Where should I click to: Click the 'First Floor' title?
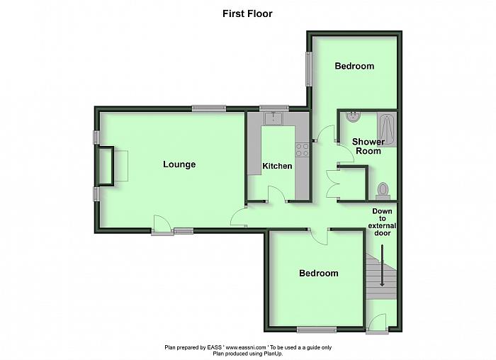[247, 13]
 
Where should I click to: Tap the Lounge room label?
[179, 164]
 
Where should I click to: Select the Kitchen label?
[277, 166]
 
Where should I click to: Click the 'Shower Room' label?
[368, 146]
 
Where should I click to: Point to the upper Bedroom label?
[354, 66]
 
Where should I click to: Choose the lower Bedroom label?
[319, 273]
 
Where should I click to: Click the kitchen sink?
[274, 118]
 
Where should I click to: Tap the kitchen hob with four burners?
[302, 150]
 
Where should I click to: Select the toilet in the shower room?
[383, 191]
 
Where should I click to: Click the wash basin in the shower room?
[353, 116]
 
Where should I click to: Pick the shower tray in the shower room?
[387, 130]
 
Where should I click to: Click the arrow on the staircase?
[382, 266]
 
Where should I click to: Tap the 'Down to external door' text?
[382, 222]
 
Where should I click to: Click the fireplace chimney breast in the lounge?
[106, 165]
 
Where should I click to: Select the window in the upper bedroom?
[309, 69]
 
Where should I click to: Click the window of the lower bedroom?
[317, 330]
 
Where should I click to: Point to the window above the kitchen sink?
[274, 108]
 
